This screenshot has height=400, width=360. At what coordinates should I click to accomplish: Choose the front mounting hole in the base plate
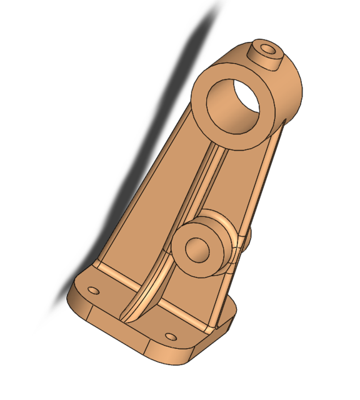pyautogui.click(x=171, y=336)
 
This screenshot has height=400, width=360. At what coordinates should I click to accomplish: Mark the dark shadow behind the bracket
pyautogui.click(x=144, y=156)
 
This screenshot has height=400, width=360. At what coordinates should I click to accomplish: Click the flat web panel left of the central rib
pyautogui.click(x=156, y=206)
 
